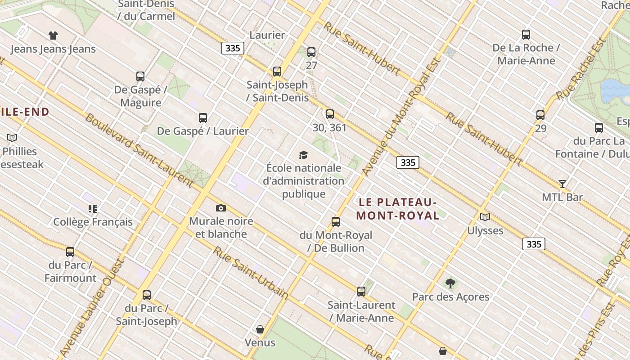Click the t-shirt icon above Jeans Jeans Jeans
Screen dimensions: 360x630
point(53,36)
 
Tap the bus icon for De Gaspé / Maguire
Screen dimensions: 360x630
point(140,76)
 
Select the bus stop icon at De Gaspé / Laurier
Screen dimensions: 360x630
point(203,118)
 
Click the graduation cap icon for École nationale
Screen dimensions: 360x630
point(304,155)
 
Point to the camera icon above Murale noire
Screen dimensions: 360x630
point(220,208)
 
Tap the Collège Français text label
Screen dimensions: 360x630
point(93,222)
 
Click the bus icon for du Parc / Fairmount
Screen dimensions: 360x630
point(70,252)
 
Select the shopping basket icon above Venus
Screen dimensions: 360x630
point(260,329)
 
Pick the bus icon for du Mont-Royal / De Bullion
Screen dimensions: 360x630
point(336,222)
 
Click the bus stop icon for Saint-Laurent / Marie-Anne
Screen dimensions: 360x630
point(361,292)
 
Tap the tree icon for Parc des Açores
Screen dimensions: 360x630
point(450,283)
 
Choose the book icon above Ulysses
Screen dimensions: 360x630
point(485,217)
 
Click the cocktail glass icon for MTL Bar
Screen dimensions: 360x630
point(562,184)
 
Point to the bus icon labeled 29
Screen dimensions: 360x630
point(540,115)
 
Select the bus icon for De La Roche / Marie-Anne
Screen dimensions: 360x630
point(526,35)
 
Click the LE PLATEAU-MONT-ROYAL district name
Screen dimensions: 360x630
point(398,209)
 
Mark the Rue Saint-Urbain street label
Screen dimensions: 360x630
point(250,273)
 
